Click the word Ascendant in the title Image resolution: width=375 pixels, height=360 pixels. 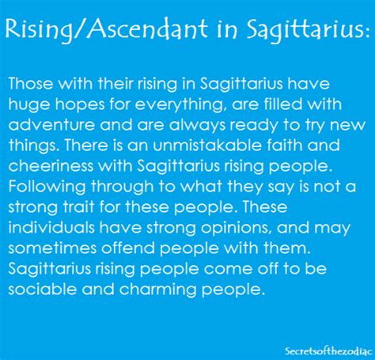[x=147, y=28]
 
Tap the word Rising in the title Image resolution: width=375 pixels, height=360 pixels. [x=38, y=30]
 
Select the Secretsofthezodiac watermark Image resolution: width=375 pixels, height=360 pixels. [x=328, y=351]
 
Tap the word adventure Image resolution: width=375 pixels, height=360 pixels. [x=51, y=125]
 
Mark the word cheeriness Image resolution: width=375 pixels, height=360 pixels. [x=51, y=166]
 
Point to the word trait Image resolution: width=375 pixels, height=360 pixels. [x=79, y=207]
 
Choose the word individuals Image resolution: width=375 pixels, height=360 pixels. [x=51, y=228]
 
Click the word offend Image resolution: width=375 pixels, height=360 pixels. [x=128, y=248]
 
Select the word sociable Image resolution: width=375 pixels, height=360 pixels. [x=43, y=290]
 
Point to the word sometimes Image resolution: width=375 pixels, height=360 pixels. [x=52, y=248]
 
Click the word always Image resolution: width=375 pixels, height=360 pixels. [x=197, y=126]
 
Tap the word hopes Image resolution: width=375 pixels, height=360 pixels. [x=80, y=105]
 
